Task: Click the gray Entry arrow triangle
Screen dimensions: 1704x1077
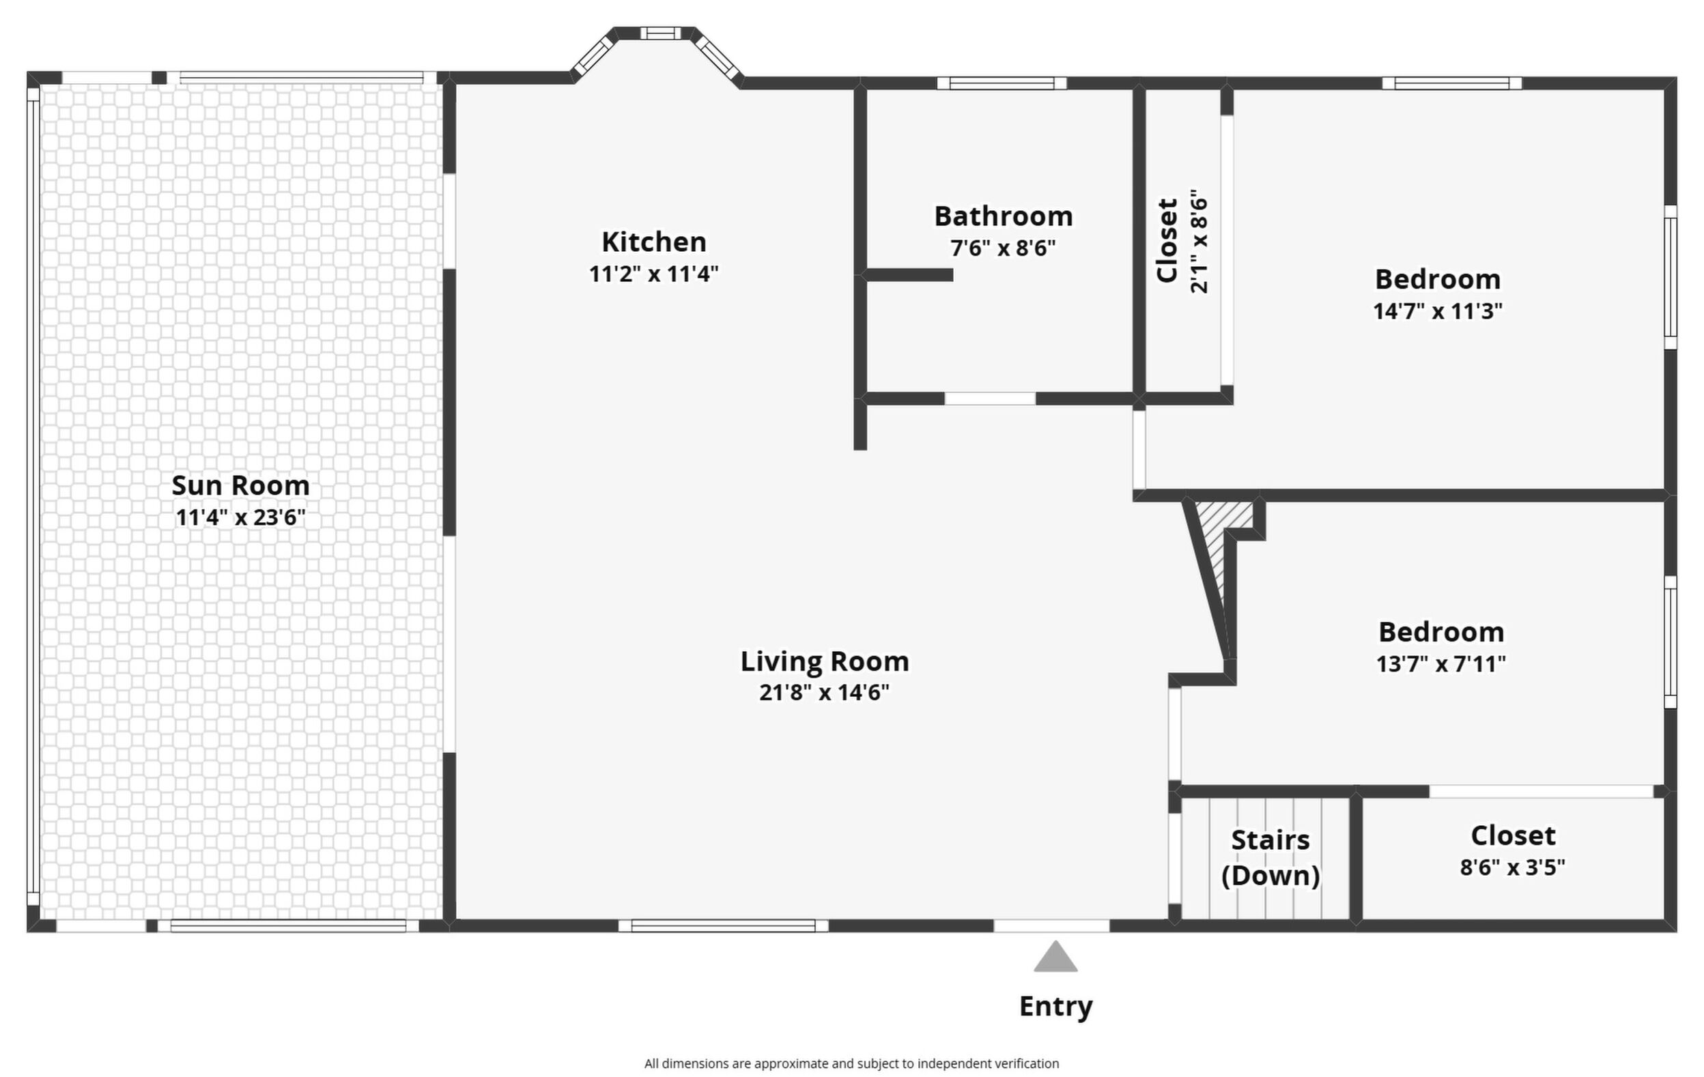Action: point(1055,958)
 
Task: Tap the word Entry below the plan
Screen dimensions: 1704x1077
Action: point(1055,1006)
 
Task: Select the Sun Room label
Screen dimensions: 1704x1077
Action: point(240,485)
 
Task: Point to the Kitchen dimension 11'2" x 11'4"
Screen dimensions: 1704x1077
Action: point(654,274)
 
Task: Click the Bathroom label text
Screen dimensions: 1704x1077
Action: point(1004,216)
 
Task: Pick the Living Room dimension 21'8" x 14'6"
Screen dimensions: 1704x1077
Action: point(825,692)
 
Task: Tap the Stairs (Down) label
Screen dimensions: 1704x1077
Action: point(1271,858)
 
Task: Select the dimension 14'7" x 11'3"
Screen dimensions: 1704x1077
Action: point(1438,311)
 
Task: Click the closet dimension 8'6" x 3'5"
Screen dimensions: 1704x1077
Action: point(1513,867)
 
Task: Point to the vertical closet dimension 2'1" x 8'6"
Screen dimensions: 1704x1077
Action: point(1199,241)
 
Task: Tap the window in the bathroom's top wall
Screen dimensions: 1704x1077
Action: point(1002,83)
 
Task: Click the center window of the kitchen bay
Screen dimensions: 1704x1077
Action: point(660,33)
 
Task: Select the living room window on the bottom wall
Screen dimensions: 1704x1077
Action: point(723,925)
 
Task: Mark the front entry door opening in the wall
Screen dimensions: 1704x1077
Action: point(1051,925)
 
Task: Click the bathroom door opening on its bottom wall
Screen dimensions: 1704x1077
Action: point(990,399)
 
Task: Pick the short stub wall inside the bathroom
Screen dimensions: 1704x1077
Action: point(909,275)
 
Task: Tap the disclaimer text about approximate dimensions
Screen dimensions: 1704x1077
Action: point(851,1063)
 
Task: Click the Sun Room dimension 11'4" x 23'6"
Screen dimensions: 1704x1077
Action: point(240,517)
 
